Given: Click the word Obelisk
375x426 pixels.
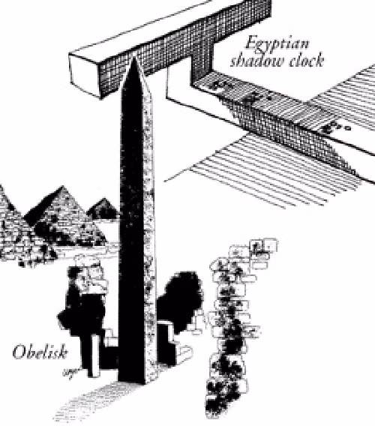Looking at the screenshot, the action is pyautogui.click(x=40, y=352).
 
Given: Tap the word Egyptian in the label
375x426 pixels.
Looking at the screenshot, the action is pyautogui.click(x=277, y=44).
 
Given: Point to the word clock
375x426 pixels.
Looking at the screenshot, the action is pyautogui.click(x=306, y=60).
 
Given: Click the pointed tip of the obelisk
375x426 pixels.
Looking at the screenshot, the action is pyautogui.click(x=134, y=55).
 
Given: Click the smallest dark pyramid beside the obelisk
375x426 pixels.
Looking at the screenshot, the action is pyautogui.click(x=103, y=208).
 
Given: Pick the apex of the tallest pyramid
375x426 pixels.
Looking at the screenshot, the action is pyautogui.click(x=63, y=186).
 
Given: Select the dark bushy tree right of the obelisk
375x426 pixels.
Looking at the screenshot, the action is pyautogui.click(x=181, y=298).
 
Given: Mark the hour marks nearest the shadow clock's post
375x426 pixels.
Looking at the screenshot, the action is pyautogui.click(x=220, y=85).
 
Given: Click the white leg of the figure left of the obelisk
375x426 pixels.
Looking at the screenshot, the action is pyautogui.click(x=94, y=356).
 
